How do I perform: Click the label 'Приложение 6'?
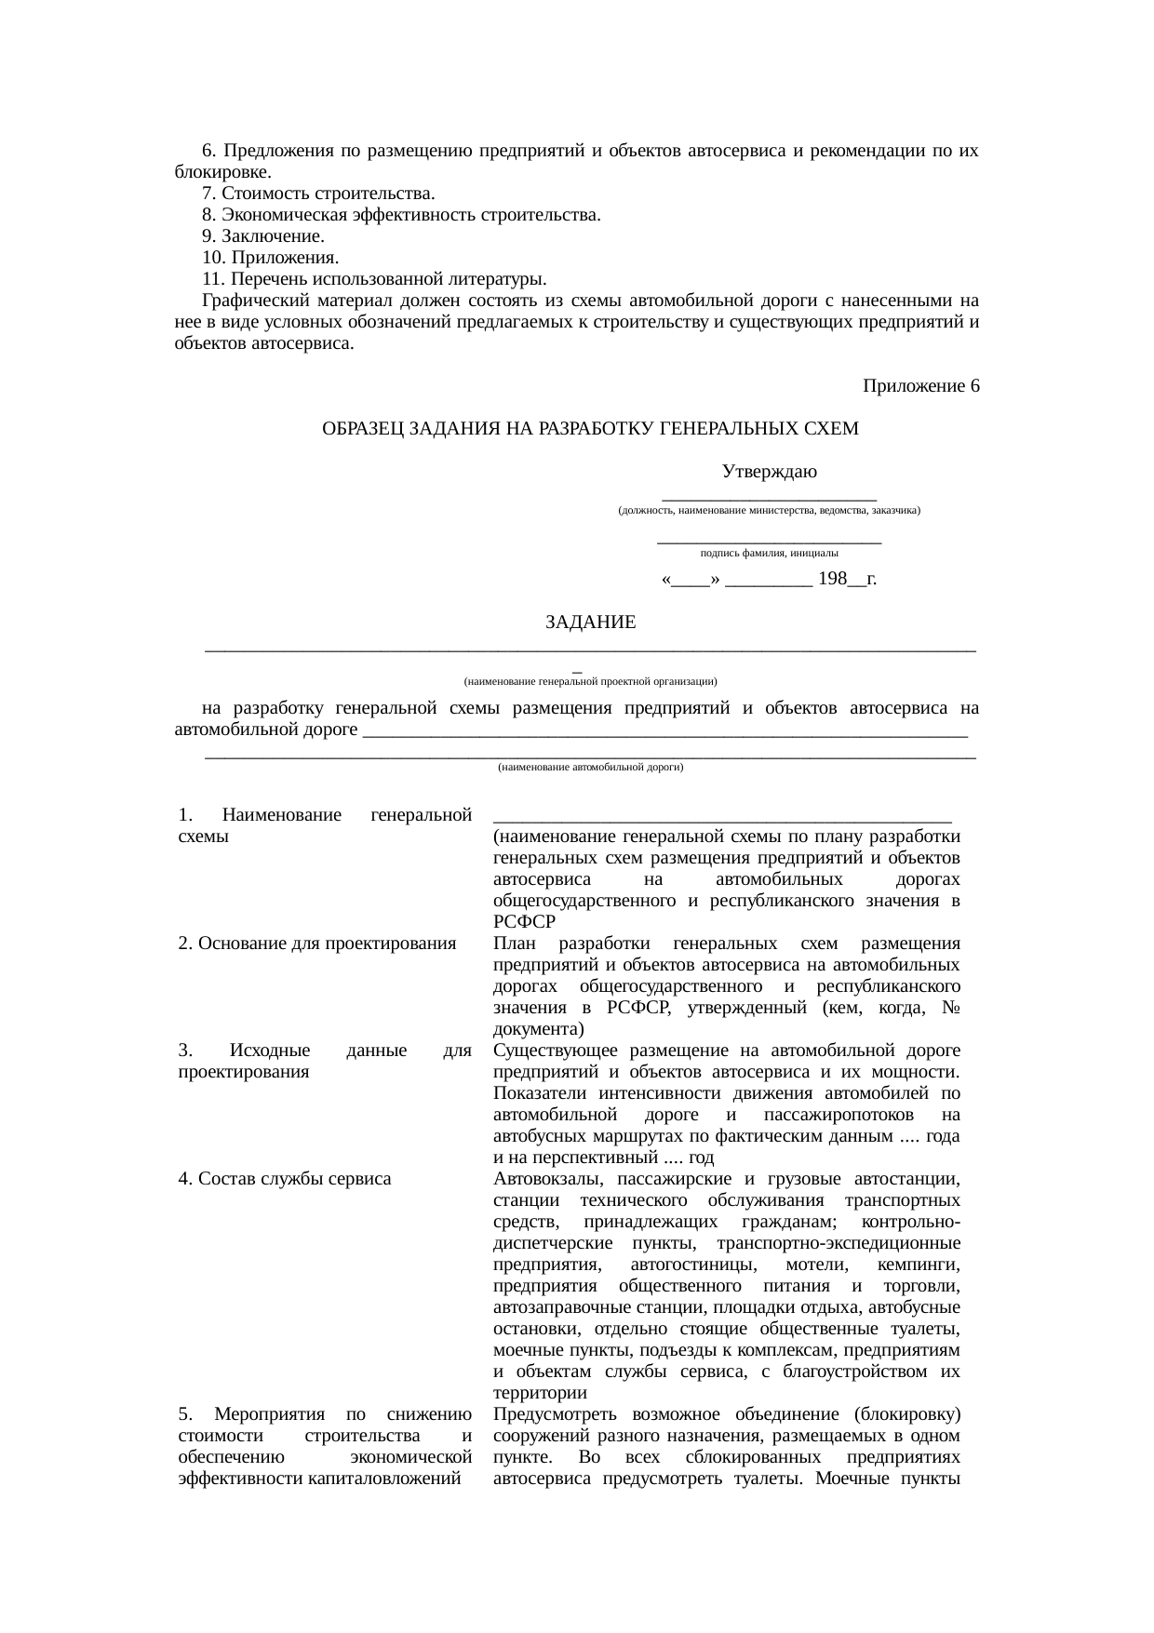click(x=920, y=386)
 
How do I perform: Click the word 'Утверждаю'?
click(x=769, y=472)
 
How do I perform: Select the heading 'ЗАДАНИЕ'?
click(x=590, y=622)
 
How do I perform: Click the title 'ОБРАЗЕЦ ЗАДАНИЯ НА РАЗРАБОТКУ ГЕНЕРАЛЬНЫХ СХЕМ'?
click(x=590, y=429)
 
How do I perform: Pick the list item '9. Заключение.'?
click(x=262, y=236)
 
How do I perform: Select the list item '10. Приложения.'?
click(x=270, y=258)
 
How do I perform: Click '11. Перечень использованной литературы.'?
click(x=373, y=279)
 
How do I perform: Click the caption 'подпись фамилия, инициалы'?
click(x=769, y=553)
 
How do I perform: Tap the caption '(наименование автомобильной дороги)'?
click(x=590, y=768)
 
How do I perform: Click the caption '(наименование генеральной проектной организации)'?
click(x=590, y=681)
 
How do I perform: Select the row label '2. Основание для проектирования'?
click(x=316, y=944)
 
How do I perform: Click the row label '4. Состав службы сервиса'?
click(x=284, y=1179)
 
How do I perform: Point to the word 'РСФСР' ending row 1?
click(x=524, y=922)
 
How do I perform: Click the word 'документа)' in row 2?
click(x=539, y=1029)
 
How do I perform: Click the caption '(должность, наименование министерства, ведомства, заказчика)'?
click(x=769, y=511)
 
